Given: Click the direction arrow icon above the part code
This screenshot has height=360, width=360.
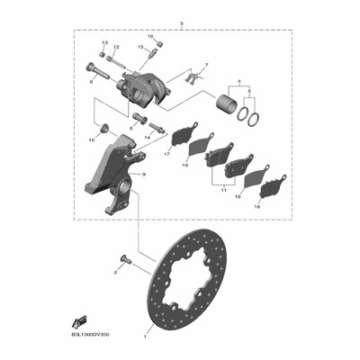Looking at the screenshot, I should [81, 319].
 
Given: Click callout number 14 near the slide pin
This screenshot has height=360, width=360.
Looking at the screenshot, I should [147, 138].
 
